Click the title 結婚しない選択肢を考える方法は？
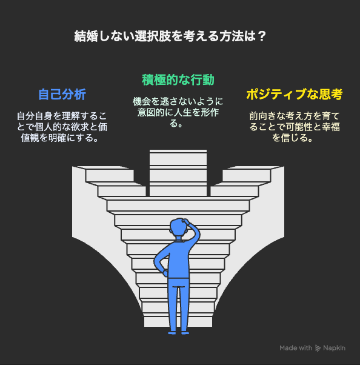tap(170, 36)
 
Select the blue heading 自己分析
tap(62, 94)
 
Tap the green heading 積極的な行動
tap(178, 80)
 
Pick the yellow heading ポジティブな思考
tap(295, 94)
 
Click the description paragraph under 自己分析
tap(62, 127)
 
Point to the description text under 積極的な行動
tap(178, 112)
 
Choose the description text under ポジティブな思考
tap(295, 127)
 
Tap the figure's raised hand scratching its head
tap(186, 221)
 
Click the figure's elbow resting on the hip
tap(156, 261)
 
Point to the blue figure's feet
tap(179, 333)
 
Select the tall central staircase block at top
tap(178, 173)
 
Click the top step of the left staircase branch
tap(110, 176)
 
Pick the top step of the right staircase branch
tap(247, 176)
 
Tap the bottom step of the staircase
tap(178, 322)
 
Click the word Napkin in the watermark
tap(334, 348)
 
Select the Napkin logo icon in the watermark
tap(318, 348)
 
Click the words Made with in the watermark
tap(296, 348)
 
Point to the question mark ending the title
tap(262, 36)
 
